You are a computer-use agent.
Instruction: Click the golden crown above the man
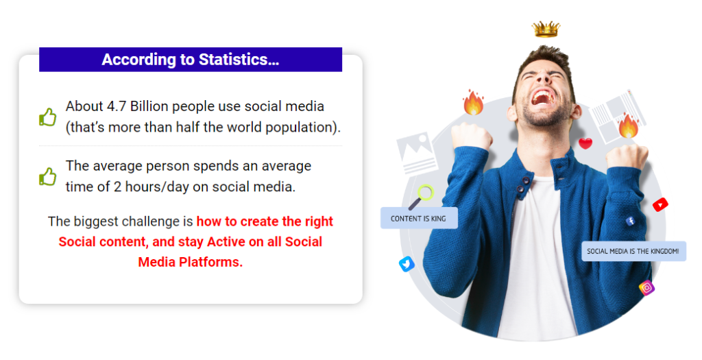(x=546, y=29)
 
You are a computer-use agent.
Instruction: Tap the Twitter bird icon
(x=407, y=264)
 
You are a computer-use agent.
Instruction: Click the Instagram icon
(x=646, y=287)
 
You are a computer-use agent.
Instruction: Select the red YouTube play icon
(x=660, y=204)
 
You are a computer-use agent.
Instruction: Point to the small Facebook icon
(x=631, y=221)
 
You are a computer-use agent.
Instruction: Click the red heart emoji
(x=585, y=143)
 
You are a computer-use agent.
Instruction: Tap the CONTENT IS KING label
(x=419, y=218)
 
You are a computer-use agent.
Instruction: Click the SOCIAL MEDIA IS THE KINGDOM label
(x=633, y=251)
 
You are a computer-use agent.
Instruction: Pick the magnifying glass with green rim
(x=422, y=197)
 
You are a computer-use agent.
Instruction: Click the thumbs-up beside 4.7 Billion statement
(x=48, y=117)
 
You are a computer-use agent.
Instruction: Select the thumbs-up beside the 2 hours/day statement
(x=48, y=176)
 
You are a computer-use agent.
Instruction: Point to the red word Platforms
(x=210, y=262)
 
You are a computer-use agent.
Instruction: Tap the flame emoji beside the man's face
(x=473, y=102)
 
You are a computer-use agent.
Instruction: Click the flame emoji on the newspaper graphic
(x=628, y=125)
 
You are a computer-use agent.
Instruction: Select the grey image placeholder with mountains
(x=415, y=152)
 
